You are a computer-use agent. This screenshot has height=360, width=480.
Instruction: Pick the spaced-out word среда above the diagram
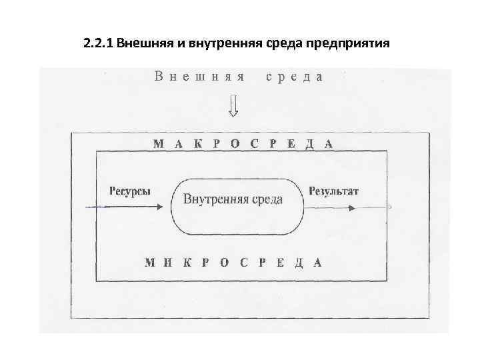click(294, 76)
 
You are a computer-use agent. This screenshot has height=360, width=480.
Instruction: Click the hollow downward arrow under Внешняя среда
click(233, 105)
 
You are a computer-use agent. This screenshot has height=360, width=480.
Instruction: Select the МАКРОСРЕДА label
click(243, 143)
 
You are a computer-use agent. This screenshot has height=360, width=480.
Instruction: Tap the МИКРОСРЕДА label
click(233, 262)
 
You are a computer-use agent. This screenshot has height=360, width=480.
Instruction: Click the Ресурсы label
click(129, 191)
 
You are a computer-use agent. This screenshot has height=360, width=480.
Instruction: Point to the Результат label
click(333, 191)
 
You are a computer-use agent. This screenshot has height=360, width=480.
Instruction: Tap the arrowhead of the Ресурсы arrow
click(157, 207)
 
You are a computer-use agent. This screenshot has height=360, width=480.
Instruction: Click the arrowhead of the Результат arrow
click(351, 207)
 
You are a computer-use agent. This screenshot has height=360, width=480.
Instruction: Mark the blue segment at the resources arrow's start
click(97, 207)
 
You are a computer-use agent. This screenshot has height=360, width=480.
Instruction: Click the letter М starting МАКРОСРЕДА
click(158, 143)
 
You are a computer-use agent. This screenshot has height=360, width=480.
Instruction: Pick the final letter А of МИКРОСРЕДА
click(318, 262)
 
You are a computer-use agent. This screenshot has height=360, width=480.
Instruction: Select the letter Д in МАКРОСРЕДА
click(309, 143)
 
